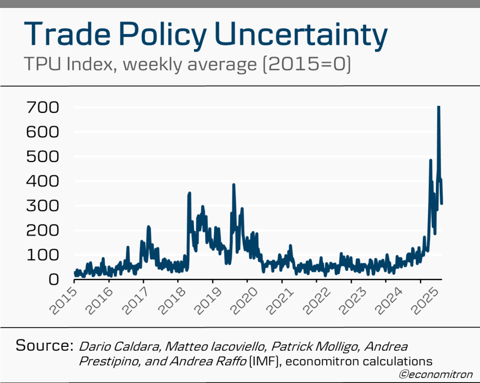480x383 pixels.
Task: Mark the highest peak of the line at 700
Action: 439,107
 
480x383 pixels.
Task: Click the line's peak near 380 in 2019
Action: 233,185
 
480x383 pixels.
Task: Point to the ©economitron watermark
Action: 435,374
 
